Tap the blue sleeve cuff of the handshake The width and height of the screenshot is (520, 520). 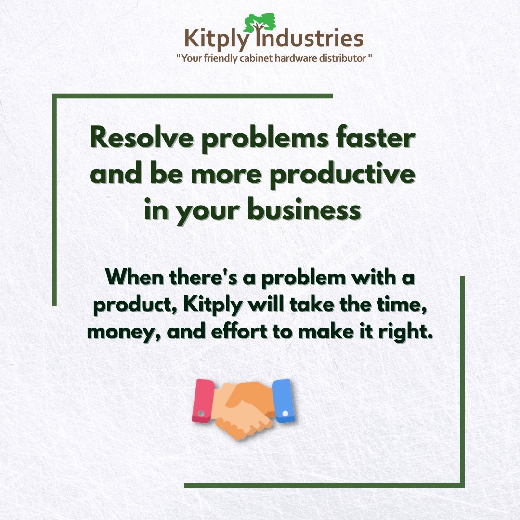pyautogui.click(x=283, y=401)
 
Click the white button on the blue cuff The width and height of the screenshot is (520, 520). pyautogui.click(x=286, y=413)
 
